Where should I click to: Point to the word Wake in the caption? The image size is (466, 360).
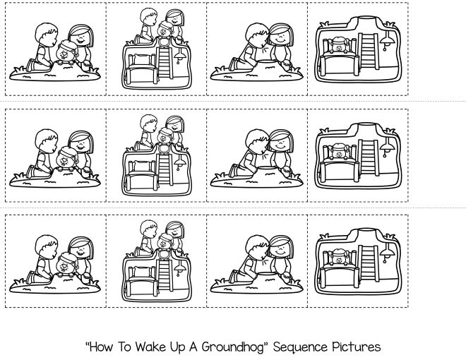[147, 347]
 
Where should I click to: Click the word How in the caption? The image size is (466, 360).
[100, 347]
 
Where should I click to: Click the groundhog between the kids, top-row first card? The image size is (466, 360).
[67, 53]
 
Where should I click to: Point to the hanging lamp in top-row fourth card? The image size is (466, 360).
[388, 44]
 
